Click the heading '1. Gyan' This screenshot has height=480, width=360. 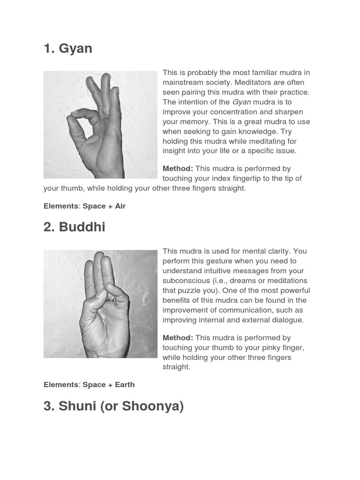click(68, 49)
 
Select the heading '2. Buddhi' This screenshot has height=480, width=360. click(74, 227)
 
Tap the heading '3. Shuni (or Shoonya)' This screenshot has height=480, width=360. click(113, 406)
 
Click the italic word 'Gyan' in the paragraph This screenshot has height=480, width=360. click(242, 102)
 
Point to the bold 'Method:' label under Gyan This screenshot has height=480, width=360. click(178, 169)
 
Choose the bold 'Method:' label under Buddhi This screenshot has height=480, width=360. click(178, 338)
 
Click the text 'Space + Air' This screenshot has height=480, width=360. click(104, 206)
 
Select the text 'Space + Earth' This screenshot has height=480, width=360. click(109, 385)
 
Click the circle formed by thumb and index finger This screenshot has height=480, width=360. click(85, 125)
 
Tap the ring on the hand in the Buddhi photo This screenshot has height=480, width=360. click(111, 300)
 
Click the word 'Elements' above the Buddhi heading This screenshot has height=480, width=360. click(61, 206)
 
